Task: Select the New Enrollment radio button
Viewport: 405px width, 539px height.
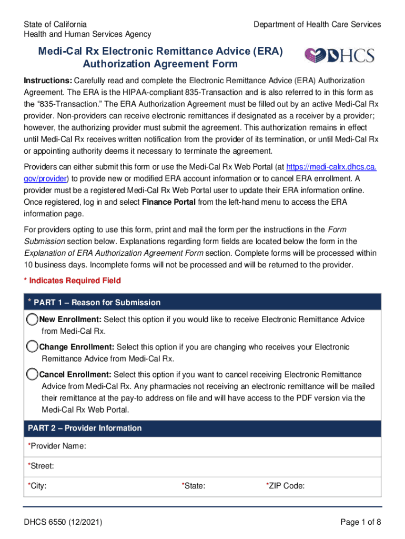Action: tap(32, 320)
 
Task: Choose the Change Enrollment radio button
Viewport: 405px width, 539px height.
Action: tap(32, 347)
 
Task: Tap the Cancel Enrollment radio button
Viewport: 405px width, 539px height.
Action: tap(32, 374)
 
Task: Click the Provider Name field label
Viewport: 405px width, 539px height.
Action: tap(57, 446)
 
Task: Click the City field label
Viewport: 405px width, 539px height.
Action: tap(37, 486)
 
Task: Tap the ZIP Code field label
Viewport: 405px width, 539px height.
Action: tap(286, 486)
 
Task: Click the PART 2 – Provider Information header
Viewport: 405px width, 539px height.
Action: tap(85, 428)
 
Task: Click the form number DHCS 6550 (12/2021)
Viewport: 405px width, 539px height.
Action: tap(63, 522)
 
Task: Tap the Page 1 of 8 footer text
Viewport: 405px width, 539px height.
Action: tap(360, 522)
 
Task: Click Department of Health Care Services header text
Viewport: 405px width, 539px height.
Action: tap(317, 25)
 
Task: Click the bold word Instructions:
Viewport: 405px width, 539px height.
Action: tap(47, 81)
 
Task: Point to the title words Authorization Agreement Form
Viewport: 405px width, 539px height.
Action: tap(160, 64)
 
